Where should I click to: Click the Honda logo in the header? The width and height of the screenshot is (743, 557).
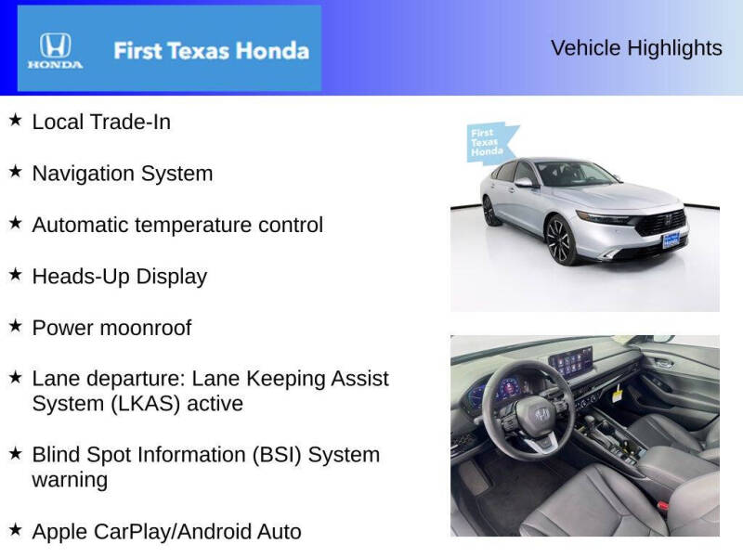(55, 50)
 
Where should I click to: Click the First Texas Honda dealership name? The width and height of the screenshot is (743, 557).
(211, 50)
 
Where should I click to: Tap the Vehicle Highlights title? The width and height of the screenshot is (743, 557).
(636, 48)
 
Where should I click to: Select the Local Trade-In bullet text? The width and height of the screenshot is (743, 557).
(101, 122)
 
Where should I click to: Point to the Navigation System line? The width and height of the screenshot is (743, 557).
(123, 174)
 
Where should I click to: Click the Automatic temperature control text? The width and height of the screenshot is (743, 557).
(177, 225)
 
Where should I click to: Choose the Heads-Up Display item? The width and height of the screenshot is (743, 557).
(120, 277)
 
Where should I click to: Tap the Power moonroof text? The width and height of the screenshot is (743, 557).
(112, 328)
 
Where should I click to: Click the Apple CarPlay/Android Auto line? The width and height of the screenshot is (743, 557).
(167, 532)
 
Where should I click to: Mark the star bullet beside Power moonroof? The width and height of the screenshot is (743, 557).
(15, 326)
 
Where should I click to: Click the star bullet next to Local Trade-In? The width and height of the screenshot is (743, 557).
(15, 120)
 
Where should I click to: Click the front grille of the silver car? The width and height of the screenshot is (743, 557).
(667, 223)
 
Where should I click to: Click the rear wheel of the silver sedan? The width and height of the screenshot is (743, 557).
(490, 212)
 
